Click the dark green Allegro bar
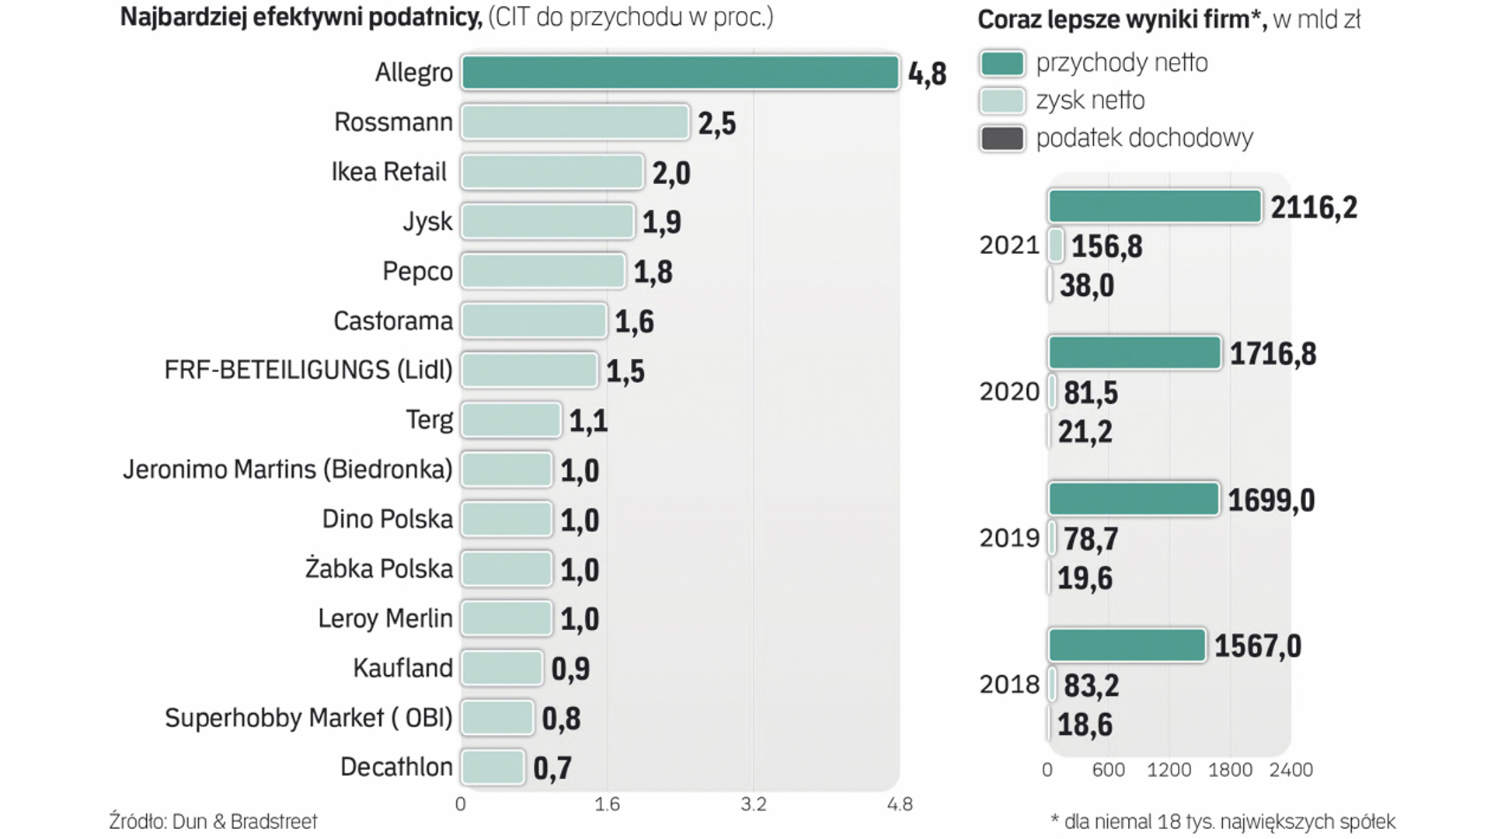click(680, 73)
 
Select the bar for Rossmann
click(575, 123)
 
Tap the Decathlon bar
click(493, 768)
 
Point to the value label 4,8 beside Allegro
click(927, 74)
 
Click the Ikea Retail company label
click(388, 172)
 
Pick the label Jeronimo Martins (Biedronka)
click(287, 469)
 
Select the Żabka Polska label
click(378, 569)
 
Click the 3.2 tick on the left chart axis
click(753, 804)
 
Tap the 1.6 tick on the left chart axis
click(607, 804)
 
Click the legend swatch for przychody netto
click(1002, 64)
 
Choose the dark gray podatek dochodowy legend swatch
click(1002, 138)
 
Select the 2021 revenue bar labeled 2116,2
click(1155, 207)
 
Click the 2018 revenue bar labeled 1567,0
click(1127, 646)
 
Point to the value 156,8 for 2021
click(1106, 247)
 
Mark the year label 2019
click(1009, 538)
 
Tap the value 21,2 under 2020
click(1085, 432)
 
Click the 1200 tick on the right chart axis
click(1169, 770)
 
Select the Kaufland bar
click(502, 668)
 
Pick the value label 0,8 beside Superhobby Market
click(561, 719)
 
